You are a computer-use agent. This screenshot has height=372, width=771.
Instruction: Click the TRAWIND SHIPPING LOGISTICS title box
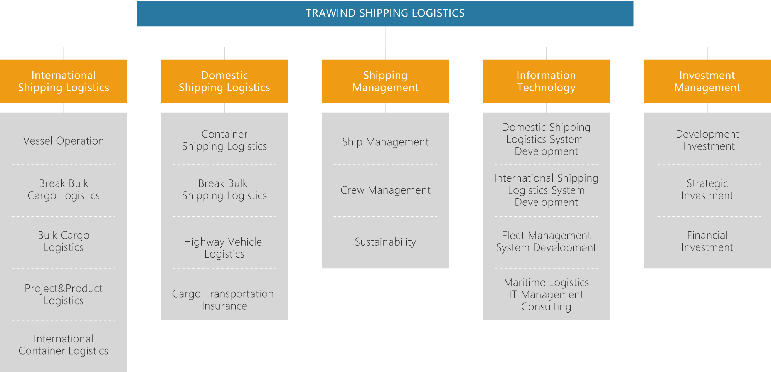(385, 13)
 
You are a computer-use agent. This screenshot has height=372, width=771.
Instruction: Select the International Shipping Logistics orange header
(64, 81)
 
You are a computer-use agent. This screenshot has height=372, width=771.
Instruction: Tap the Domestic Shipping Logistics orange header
(224, 81)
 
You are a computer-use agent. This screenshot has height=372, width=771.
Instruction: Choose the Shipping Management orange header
(385, 81)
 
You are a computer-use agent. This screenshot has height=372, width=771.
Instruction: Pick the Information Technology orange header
(546, 81)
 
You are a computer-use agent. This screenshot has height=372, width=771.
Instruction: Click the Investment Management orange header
(707, 81)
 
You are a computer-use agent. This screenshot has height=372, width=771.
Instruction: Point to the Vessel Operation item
(64, 141)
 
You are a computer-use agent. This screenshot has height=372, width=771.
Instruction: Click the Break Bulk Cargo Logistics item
(64, 189)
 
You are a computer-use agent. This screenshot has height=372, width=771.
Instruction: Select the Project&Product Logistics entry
(64, 295)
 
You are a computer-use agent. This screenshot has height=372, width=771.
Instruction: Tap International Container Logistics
(64, 345)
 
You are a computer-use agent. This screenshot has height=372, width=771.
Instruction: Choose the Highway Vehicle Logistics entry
(223, 248)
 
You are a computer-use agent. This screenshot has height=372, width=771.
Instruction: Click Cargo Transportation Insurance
(223, 300)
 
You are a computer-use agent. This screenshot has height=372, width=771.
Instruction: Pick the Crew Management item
(385, 190)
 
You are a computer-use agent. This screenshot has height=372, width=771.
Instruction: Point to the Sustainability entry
(385, 242)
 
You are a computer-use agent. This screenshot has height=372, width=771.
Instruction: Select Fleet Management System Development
(546, 241)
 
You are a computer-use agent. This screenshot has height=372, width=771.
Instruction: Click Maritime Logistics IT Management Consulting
(546, 295)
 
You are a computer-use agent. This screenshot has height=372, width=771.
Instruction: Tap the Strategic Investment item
(707, 189)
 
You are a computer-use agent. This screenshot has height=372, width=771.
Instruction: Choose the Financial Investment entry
(707, 241)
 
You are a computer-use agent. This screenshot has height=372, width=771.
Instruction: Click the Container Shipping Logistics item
(224, 140)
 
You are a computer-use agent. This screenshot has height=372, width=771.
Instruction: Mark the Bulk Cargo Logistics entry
(64, 241)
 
